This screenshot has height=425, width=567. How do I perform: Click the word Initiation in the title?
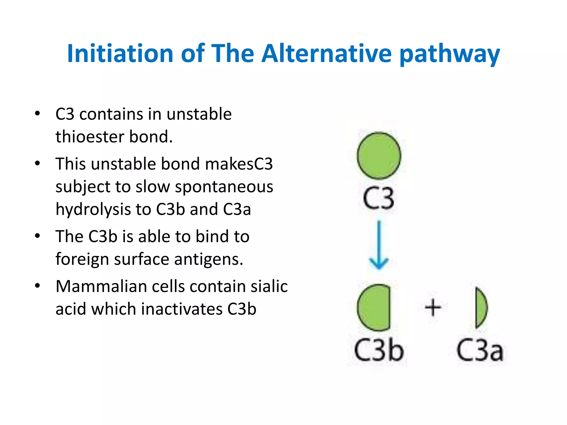(x=120, y=53)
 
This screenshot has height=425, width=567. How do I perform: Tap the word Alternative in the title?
(x=327, y=53)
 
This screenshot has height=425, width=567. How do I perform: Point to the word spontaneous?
(x=224, y=187)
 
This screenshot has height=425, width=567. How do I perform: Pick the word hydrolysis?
(x=93, y=210)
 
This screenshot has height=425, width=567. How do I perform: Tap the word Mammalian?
(x=101, y=286)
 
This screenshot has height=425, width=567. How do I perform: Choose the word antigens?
(x=208, y=260)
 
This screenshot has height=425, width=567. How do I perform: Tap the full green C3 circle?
(x=379, y=156)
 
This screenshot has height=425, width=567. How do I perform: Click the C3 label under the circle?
(x=378, y=198)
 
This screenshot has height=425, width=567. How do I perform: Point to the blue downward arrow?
(x=379, y=245)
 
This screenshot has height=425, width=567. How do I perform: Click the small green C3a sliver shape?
(x=481, y=307)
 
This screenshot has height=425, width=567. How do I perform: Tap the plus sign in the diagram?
(x=433, y=307)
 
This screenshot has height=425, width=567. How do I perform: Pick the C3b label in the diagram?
(x=379, y=351)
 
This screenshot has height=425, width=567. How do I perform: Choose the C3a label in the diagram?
(x=480, y=351)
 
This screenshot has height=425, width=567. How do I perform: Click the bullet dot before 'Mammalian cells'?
(x=38, y=286)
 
